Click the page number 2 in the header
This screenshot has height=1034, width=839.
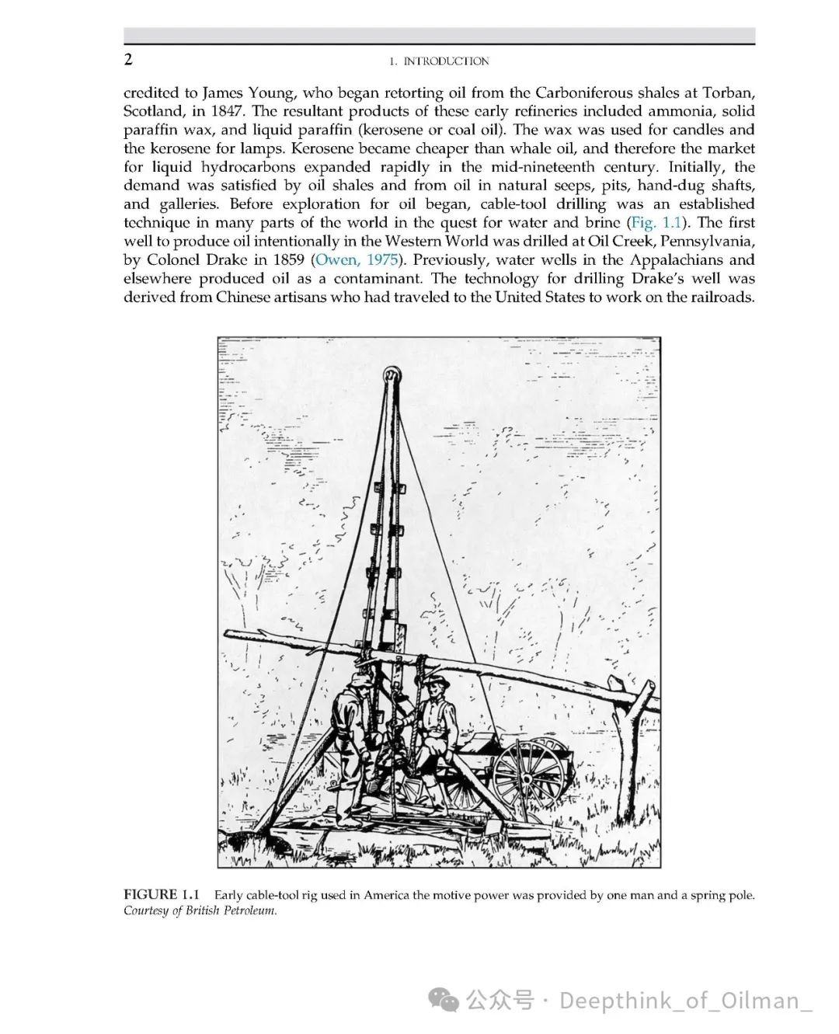[128, 60]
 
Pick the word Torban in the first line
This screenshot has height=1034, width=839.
[727, 92]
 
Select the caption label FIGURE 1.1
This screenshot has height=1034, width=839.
[162, 895]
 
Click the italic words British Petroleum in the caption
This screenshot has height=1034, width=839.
[231, 910]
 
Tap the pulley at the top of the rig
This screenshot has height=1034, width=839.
[391, 376]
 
